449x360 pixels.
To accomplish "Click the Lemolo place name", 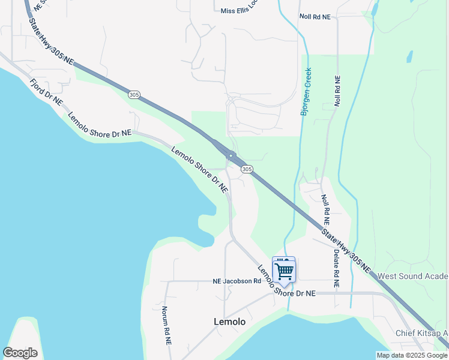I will (x=229, y=322).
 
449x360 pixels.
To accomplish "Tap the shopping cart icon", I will (x=284, y=271).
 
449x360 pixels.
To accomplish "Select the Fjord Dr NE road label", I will (x=46, y=92).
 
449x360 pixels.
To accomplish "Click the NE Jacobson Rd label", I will (x=237, y=281).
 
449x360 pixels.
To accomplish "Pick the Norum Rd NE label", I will (x=166, y=325).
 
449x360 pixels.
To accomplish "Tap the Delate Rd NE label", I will (x=336, y=269).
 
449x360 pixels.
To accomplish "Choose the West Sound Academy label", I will (x=412, y=277).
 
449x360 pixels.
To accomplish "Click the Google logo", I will (x=20, y=353).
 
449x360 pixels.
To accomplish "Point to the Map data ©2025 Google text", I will (x=412, y=355).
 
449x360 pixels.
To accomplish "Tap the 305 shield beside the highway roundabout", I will (x=247, y=170).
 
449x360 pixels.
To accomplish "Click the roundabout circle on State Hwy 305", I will (x=231, y=155).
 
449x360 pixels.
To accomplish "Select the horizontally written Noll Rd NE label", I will (x=315, y=17).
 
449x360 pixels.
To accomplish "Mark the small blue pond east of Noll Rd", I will (x=409, y=57).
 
